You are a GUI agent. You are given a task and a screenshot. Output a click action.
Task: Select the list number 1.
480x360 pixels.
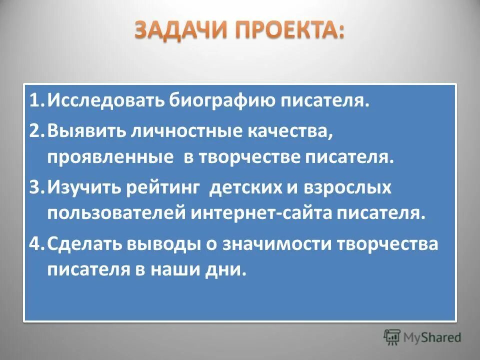click(x=35, y=102)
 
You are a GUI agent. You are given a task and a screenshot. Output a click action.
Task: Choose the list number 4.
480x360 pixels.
click(x=36, y=244)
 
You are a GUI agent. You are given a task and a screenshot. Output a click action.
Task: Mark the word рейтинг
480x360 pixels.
click(x=168, y=188)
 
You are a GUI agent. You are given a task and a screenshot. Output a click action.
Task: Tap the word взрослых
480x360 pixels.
click(x=341, y=188)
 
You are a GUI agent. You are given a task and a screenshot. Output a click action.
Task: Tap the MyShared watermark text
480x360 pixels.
click(x=433, y=337)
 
